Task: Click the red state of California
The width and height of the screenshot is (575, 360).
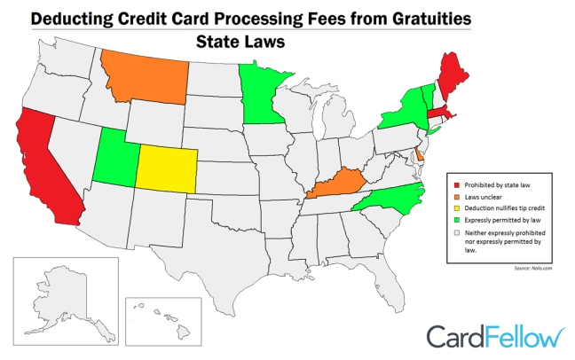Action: click(x=44, y=168)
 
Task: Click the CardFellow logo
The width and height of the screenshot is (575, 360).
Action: click(x=493, y=337)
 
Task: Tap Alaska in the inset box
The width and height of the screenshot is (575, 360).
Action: click(x=62, y=297)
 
